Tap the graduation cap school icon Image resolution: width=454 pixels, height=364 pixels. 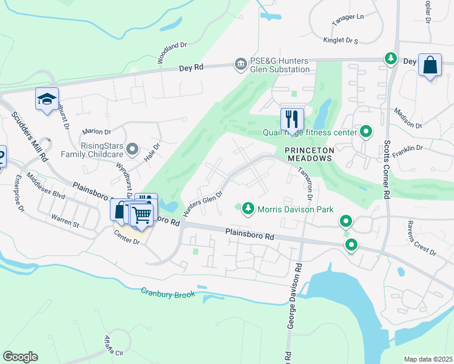tap(47, 99)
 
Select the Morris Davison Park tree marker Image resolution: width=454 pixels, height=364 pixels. tap(248, 209)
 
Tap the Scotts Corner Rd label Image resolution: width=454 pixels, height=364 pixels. tap(386, 170)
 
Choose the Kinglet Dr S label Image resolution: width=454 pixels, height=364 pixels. tap(340, 40)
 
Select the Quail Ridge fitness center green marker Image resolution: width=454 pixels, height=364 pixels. tap(366, 131)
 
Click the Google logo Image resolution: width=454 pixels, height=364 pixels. tap(20, 357)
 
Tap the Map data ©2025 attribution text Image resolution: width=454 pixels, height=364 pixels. tap(428, 359)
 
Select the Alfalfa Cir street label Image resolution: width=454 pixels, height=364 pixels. tap(113, 345)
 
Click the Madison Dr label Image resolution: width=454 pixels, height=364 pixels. tap(407, 118)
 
